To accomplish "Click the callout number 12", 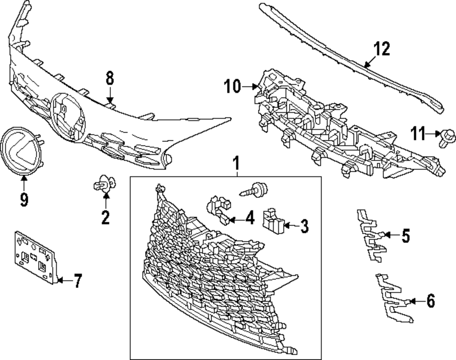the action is coord(382,49).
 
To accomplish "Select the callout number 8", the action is coord(109,78).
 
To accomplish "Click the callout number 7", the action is coord(78,281).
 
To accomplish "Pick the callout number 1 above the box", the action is coord(237,163).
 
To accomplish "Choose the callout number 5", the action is coord(406,235).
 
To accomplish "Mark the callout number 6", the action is coord(431,301).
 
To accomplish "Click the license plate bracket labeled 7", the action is coord(35,257).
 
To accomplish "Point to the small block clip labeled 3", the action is coord(273,221).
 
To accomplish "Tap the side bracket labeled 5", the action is coord(371,235).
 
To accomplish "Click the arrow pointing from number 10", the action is coord(250,86).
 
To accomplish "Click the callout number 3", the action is coord(304,226).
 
